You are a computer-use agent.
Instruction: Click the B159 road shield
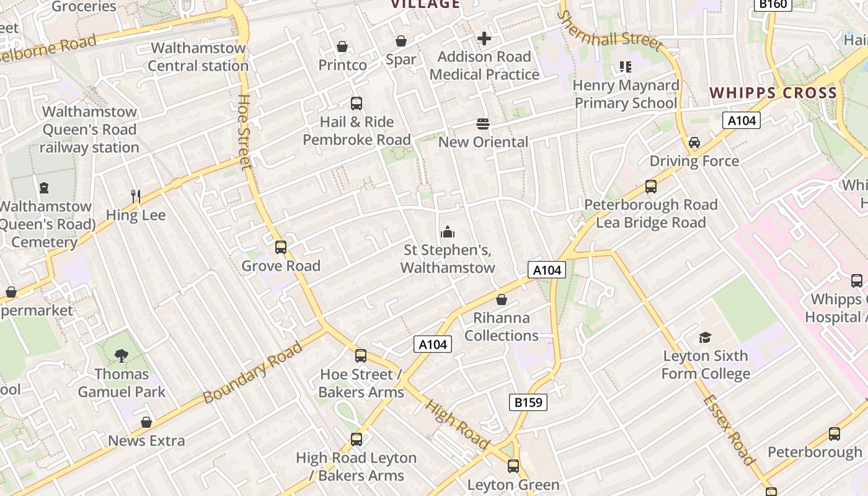(528, 402)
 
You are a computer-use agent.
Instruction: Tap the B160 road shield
(773, 4)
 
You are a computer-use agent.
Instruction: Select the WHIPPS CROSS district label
(773, 93)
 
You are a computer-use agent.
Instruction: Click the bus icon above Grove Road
(281, 247)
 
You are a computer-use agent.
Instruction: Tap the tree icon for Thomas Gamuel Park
(122, 355)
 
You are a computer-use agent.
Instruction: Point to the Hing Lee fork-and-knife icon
(136, 197)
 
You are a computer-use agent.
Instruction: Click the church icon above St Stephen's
(448, 232)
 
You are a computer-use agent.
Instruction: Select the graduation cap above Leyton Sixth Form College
(705, 337)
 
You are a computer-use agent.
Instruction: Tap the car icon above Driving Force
(694, 143)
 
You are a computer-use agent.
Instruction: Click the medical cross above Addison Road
(484, 38)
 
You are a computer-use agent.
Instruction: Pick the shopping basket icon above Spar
(401, 41)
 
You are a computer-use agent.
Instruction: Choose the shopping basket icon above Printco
(342, 46)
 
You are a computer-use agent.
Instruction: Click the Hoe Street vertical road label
(244, 131)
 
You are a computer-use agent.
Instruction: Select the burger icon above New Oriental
(483, 123)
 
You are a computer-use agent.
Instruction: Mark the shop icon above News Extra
(146, 422)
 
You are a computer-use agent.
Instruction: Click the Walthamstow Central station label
(198, 56)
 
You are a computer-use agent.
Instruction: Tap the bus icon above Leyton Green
(513, 466)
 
